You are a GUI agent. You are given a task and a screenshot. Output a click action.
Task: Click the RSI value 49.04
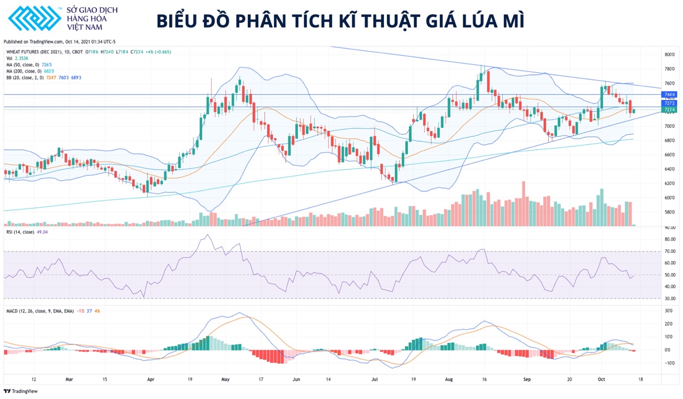[x=43, y=232]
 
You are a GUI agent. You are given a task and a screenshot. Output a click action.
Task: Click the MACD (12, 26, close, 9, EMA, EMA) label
[x=40, y=311]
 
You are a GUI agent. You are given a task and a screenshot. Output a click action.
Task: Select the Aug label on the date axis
[x=448, y=379]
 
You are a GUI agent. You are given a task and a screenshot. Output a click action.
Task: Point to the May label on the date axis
[x=226, y=379]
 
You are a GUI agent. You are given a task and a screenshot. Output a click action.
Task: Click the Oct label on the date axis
[x=601, y=379]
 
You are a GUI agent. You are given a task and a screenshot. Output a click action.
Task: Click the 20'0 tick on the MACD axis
[x=669, y=324]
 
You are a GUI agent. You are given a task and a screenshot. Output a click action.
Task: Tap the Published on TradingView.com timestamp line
[x=59, y=42]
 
